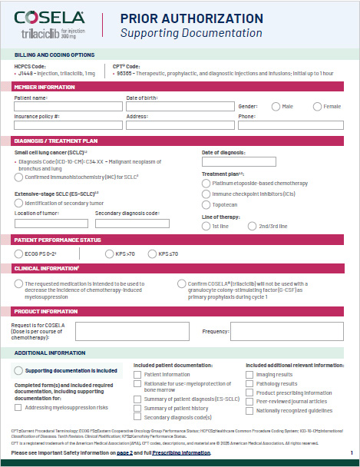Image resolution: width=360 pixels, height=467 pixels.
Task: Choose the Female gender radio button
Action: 316,107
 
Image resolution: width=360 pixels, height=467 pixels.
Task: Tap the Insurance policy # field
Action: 67,124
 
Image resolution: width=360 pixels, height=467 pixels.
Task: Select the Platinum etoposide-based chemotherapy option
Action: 206,184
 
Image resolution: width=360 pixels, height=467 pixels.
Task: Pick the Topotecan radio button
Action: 206,206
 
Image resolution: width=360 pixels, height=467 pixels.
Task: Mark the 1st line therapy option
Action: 206,226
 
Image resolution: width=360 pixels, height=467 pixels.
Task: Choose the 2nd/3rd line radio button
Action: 253,226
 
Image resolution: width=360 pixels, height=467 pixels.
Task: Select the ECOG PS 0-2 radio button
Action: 19,253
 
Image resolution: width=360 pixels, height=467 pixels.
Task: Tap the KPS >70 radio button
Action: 99,253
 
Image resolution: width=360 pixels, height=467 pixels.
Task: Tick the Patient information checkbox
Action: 138,374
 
